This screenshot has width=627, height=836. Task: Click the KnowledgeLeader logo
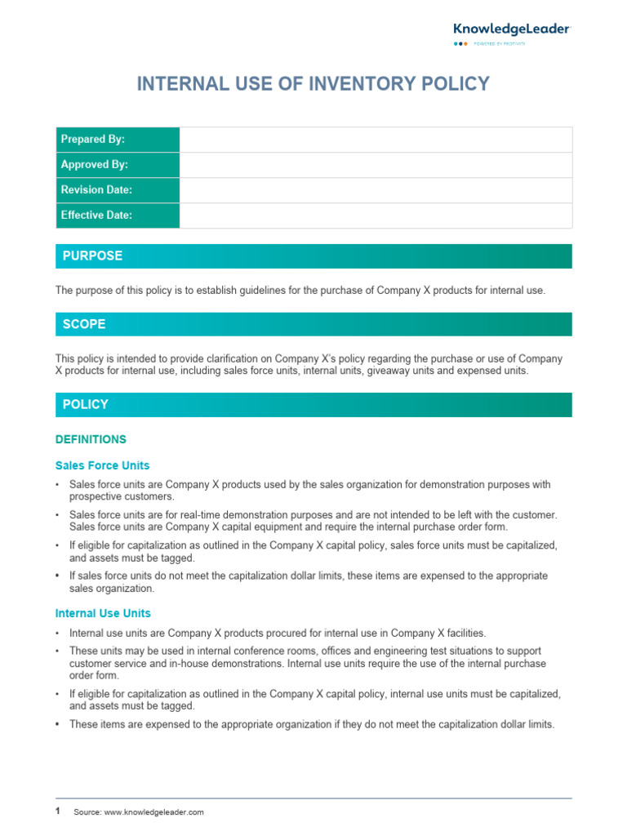coord(512,29)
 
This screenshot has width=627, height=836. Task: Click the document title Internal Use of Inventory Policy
coord(313,84)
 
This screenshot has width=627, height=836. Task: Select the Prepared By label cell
coord(117,140)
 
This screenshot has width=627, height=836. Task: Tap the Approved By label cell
coord(117,165)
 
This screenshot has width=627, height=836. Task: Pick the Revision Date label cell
coord(117,190)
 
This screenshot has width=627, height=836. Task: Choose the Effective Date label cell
coord(117,216)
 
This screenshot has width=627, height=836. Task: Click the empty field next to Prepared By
coord(376,140)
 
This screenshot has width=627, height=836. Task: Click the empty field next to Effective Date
coord(376,216)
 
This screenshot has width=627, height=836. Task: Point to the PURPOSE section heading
coord(92,256)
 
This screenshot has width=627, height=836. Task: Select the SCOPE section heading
coord(84,324)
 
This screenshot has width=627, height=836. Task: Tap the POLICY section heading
coord(86,405)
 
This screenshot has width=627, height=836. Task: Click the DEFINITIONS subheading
coord(91,439)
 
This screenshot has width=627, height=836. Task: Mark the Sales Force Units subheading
coord(102,465)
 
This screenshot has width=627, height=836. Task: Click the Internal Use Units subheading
coord(103,613)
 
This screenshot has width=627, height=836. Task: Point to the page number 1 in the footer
coord(58,811)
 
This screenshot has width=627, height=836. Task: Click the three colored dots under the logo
coord(461,44)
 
